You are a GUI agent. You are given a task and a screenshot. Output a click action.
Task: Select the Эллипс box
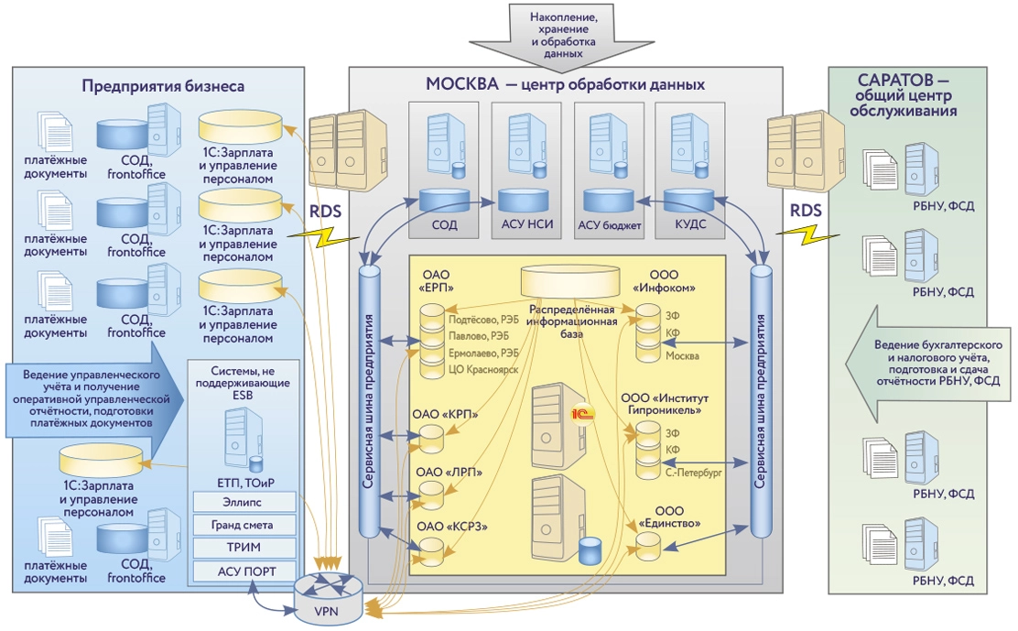tap(244, 501)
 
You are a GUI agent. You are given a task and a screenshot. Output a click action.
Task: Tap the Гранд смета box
tap(244, 525)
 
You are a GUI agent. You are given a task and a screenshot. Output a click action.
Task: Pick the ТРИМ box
tap(244, 548)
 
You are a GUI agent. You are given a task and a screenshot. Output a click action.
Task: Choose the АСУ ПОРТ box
tap(244, 571)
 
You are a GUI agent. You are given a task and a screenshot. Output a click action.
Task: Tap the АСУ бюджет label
tap(610, 224)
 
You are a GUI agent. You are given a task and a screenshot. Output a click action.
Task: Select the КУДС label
tap(689, 224)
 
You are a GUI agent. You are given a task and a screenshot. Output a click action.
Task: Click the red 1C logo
tap(583, 412)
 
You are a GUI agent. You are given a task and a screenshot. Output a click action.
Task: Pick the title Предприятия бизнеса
tap(162, 87)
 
